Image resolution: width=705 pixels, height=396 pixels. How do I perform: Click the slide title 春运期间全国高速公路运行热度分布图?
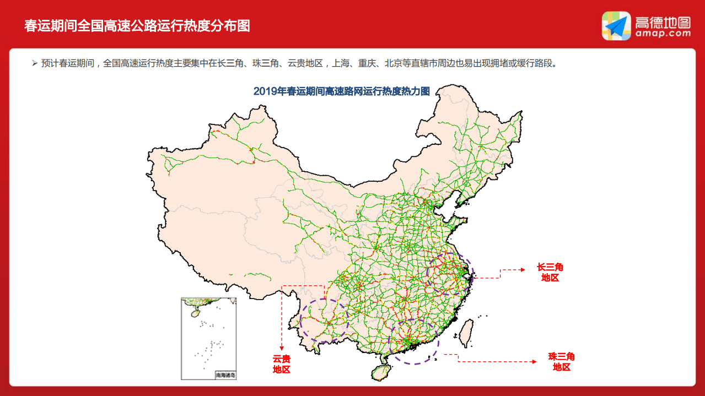point(137,26)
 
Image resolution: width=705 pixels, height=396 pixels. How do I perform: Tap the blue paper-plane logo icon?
point(616,26)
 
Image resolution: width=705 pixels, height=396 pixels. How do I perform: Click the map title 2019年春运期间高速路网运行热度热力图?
point(341,91)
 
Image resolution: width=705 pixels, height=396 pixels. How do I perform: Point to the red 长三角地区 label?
point(550,273)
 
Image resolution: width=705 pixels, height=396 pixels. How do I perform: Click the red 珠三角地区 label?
point(561,362)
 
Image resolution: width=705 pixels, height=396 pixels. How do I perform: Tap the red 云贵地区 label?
point(282,364)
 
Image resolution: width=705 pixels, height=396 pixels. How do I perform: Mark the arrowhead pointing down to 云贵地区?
point(282,348)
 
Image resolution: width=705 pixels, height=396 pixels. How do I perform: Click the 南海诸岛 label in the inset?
point(225,375)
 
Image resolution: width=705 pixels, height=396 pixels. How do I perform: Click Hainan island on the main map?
point(380,371)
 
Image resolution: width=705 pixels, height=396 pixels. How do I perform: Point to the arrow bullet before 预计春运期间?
point(34,63)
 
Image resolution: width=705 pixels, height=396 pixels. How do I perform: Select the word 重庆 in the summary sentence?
point(367,63)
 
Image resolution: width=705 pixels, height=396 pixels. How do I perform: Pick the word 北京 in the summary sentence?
point(393,63)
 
